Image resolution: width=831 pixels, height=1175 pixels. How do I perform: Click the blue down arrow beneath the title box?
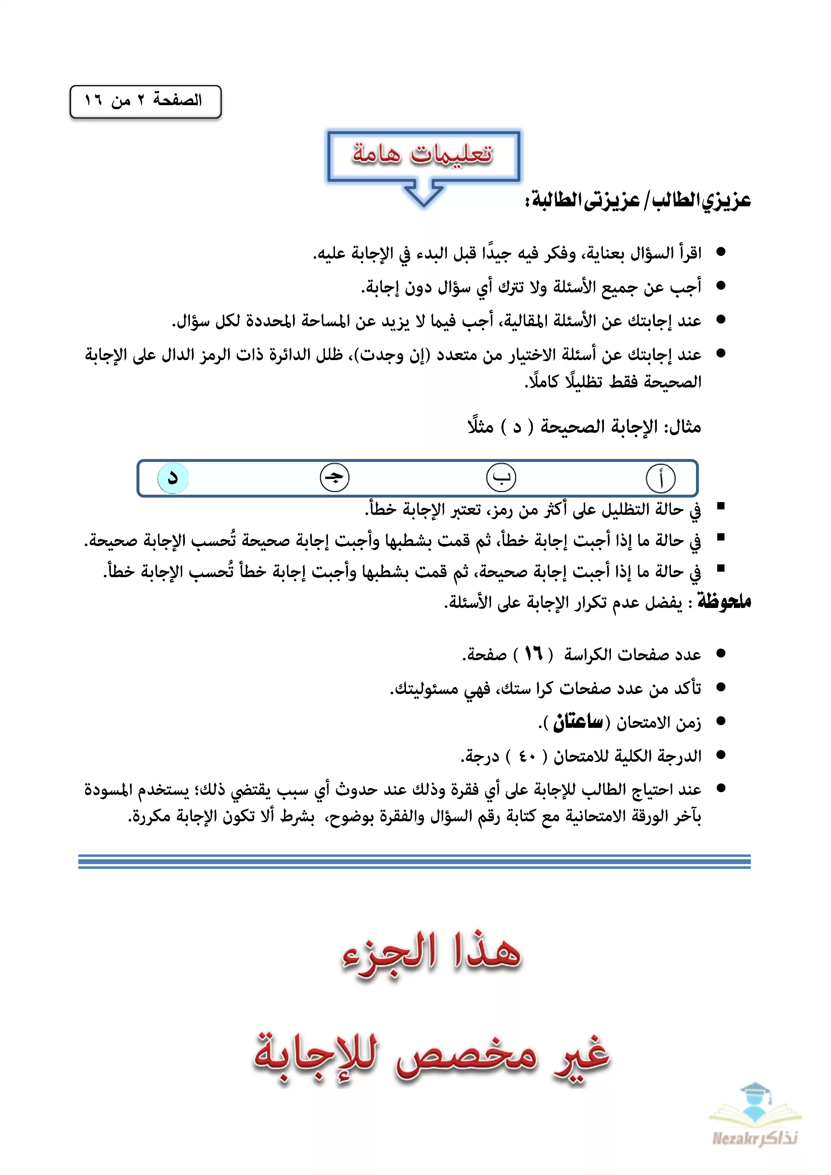click(x=424, y=195)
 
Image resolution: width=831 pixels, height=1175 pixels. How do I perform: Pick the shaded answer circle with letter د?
click(x=173, y=478)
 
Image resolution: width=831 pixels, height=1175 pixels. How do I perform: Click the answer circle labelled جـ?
click(x=334, y=478)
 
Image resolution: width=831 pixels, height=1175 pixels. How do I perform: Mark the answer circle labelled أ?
click(x=660, y=478)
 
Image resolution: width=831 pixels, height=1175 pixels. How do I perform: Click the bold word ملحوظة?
click(x=724, y=601)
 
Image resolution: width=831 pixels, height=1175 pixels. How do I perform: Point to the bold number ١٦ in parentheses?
click(x=533, y=653)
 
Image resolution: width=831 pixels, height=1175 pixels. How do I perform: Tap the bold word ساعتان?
click(x=578, y=721)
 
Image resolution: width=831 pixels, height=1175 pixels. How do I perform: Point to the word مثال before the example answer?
click(x=682, y=427)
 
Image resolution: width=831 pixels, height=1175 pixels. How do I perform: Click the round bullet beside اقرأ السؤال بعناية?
click(x=721, y=252)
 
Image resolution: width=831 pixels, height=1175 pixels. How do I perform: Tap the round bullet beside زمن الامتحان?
click(x=721, y=721)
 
